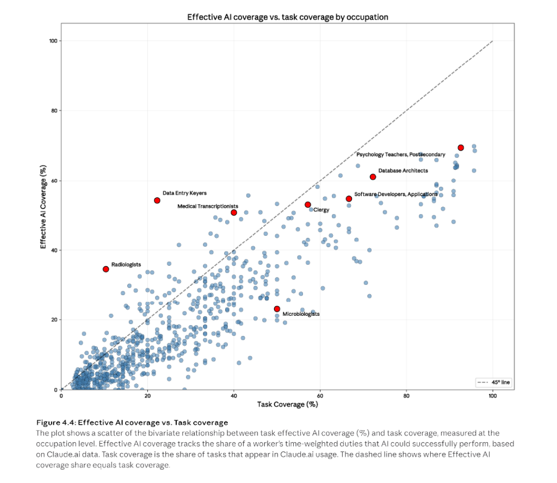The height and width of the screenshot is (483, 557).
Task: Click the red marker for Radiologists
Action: coord(106,269)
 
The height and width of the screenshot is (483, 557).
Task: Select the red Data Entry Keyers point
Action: coord(157,200)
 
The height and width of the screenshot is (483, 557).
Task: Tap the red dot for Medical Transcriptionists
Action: coord(234,212)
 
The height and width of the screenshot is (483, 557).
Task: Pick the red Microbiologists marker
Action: coord(277,309)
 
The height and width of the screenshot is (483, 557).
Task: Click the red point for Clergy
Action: coord(308,205)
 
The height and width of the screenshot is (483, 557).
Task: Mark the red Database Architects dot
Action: coord(373,177)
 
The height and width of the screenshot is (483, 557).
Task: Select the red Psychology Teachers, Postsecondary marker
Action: coord(461,148)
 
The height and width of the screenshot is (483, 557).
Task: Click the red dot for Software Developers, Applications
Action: coord(349,199)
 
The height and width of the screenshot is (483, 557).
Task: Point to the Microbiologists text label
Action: coord(301,314)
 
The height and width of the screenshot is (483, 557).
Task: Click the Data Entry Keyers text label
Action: coord(184,193)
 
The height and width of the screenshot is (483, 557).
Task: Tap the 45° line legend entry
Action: coord(494,382)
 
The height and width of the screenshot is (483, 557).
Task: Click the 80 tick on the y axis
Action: coord(54,111)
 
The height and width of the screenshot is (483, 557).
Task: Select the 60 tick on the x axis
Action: coord(320,396)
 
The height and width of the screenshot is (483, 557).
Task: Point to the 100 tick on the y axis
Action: coord(53,41)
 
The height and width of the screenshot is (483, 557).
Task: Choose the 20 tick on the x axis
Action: coord(147,396)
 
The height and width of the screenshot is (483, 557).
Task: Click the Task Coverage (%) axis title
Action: coord(287,404)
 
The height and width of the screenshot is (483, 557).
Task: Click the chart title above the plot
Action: coord(288,17)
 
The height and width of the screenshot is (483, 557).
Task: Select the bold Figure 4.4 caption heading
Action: coord(132,423)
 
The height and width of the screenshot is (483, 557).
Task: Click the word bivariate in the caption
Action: coord(163,433)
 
